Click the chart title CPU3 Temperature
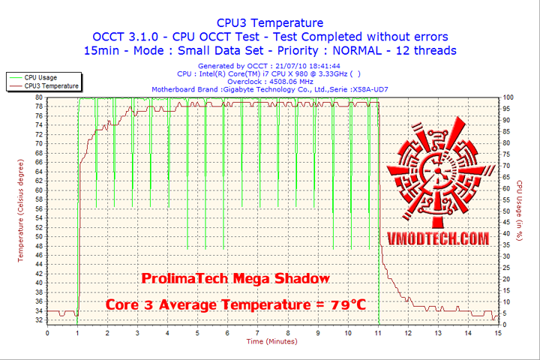point(270,23)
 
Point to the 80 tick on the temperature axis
point(39,97)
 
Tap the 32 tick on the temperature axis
point(39,319)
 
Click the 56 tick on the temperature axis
point(39,208)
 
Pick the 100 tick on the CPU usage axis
point(508,97)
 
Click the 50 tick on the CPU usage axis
point(506,211)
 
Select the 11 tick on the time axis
point(378,332)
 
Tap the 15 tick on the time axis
point(498,332)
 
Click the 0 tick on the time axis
point(47,332)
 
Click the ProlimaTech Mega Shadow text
point(235,278)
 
